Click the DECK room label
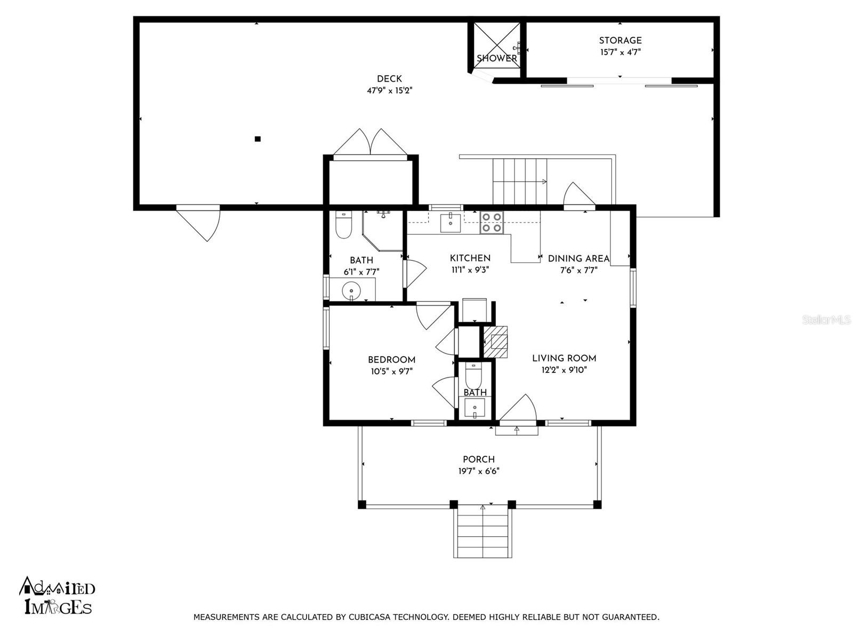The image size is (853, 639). pyautogui.click(x=389, y=79)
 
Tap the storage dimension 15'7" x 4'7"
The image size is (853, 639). pyautogui.click(x=620, y=52)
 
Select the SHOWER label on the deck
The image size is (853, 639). pyautogui.click(x=496, y=59)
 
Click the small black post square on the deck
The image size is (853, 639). pyautogui.click(x=257, y=139)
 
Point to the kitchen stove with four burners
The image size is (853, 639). pyautogui.click(x=491, y=223)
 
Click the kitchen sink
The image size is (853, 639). pyautogui.click(x=451, y=223)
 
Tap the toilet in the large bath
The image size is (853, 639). pyautogui.click(x=343, y=226)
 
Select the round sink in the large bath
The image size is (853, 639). pyautogui.click(x=351, y=291)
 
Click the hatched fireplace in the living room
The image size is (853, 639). pyautogui.click(x=496, y=341)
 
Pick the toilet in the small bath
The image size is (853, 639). pyautogui.click(x=473, y=376)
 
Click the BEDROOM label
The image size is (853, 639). pyautogui.click(x=391, y=360)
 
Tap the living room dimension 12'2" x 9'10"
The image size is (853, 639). pyautogui.click(x=564, y=370)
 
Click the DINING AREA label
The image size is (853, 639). pyautogui.click(x=578, y=259)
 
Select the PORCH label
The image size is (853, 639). pyautogui.click(x=478, y=460)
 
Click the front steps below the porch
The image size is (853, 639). pyautogui.click(x=482, y=532)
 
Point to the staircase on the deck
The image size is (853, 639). pyautogui.click(x=520, y=181)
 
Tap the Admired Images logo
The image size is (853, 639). pyautogui.click(x=57, y=596)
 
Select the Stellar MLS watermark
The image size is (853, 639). pyautogui.click(x=826, y=320)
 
